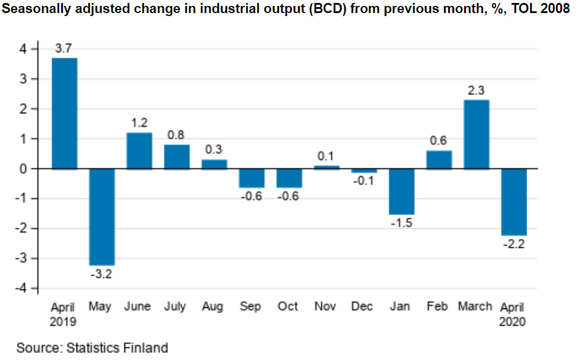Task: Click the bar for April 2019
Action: pos(64,113)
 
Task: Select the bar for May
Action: pos(101,216)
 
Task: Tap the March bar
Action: pos(476,134)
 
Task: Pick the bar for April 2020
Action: pos(513,202)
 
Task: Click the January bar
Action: pos(401,191)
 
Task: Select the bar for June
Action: pos(139,151)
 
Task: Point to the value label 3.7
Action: pos(64,49)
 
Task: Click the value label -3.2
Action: pos(102,274)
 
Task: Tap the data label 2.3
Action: pos(476,91)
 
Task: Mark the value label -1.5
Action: pos(402,223)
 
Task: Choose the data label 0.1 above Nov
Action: pos(326,157)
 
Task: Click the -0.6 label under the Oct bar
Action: pos(288,196)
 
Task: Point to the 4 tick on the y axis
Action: pos(24,49)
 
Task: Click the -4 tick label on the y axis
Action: pos(22,288)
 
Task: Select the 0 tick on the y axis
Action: pos(24,168)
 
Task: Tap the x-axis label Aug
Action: pos(213,307)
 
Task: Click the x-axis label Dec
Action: pos(362,307)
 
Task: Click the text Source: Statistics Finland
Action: pos(92,348)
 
